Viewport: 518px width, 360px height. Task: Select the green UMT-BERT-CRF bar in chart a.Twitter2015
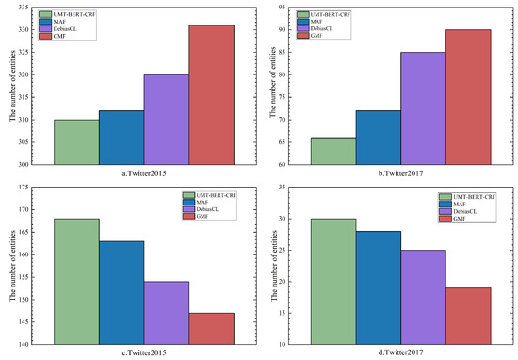76,141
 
